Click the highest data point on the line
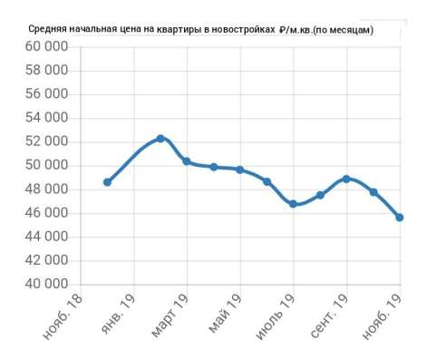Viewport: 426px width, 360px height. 160,139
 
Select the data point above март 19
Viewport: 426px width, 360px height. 187,161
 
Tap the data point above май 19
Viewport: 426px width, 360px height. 240,170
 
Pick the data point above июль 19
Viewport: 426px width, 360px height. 293,204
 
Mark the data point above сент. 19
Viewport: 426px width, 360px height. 346,179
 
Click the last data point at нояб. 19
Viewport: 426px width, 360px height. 400,218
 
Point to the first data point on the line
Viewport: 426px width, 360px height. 107,182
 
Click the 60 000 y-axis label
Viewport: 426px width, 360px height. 46,47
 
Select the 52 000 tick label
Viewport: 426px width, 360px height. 46,141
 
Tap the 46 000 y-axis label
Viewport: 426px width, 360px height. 46,213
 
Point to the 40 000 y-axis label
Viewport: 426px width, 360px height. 46,284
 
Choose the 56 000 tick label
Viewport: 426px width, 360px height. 46,94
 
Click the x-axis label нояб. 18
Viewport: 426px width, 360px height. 63,316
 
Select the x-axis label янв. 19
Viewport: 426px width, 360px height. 119,314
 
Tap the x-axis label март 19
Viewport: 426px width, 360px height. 169,315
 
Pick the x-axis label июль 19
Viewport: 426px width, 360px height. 276,316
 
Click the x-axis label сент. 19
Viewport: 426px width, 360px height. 329,316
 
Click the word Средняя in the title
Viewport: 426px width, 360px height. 47,29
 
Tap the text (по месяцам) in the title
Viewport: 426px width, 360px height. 343,30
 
